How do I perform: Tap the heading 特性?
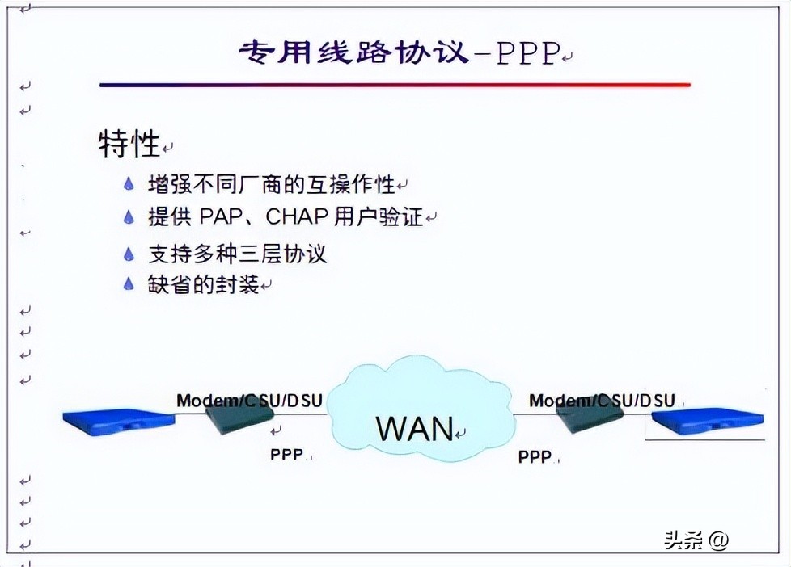[129, 145]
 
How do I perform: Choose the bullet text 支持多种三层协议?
[237, 254]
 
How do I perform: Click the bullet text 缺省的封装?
[204, 284]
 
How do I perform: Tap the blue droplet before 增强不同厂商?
[129, 184]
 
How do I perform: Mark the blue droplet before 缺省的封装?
[129, 284]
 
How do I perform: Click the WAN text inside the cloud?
[415, 428]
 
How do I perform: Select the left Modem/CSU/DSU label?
[250, 400]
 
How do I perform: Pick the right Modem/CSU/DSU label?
[602, 400]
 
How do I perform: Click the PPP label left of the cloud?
[287, 455]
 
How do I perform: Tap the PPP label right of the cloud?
[535, 456]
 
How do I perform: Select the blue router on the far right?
[708, 421]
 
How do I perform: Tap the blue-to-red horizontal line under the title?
[395, 84]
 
